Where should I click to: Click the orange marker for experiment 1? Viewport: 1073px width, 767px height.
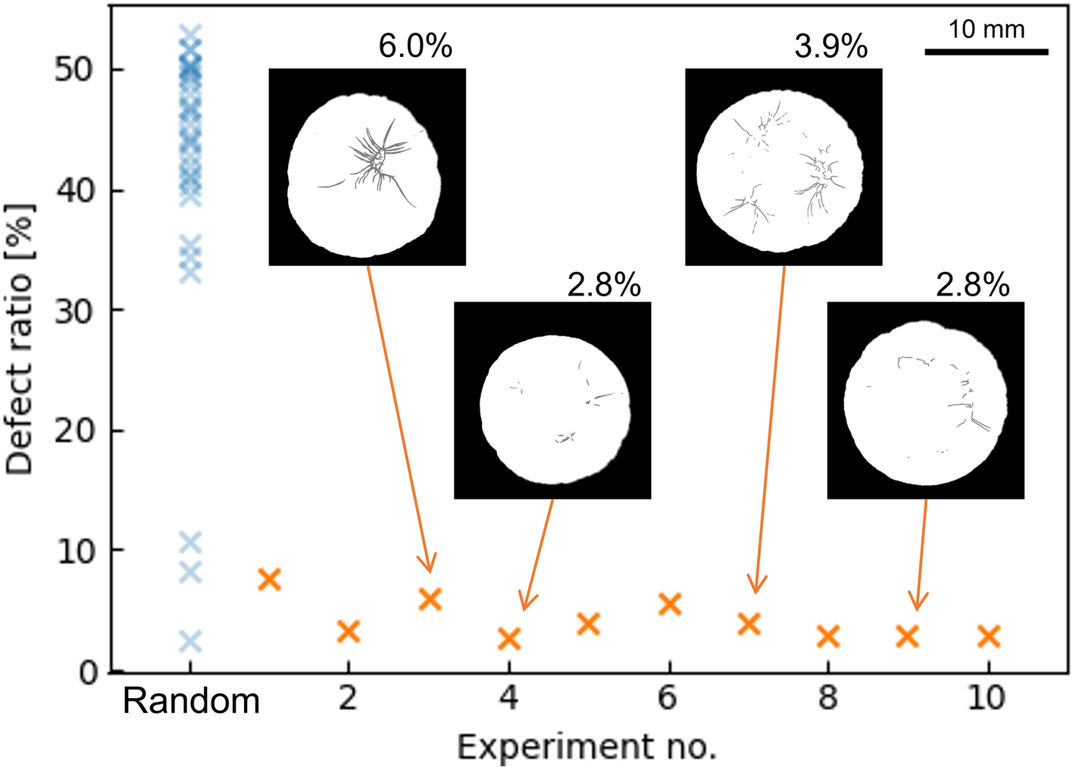[x=269, y=580]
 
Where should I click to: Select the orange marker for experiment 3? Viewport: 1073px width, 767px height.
[x=430, y=599]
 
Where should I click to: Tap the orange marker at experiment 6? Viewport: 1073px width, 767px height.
[x=670, y=604]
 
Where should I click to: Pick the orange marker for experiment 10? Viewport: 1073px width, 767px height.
[x=988, y=637]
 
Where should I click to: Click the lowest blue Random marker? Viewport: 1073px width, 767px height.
[x=190, y=642]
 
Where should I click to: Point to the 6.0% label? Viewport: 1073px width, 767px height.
[x=415, y=47]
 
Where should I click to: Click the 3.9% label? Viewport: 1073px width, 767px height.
[x=831, y=47]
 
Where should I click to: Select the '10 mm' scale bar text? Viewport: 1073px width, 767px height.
[x=986, y=30]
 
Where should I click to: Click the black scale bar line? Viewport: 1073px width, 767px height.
[x=986, y=52]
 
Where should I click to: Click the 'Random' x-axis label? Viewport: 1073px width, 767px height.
[x=191, y=701]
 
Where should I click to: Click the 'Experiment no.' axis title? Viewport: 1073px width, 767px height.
[x=587, y=747]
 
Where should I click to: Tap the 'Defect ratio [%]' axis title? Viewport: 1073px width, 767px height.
[x=20, y=340]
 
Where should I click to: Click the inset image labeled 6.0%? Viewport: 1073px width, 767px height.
[x=367, y=167]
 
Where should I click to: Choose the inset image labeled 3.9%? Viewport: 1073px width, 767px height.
[x=783, y=167]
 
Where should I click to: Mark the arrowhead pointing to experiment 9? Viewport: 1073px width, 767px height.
[x=918, y=603]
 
